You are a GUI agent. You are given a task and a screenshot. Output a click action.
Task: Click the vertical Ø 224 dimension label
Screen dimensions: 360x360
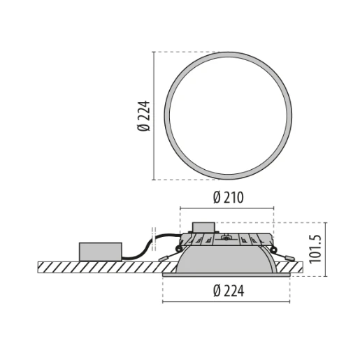click(x=145, y=115)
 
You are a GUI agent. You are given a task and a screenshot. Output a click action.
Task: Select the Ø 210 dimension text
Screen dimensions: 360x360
click(x=227, y=198)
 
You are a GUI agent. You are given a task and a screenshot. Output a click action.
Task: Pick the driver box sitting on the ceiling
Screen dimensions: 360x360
click(x=101, y=252)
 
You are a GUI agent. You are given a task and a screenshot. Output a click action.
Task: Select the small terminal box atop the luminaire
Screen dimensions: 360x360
click(x=204, y=227)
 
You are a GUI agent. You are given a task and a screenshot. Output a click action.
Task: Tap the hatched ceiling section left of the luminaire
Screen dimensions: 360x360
click(x=98, y=267)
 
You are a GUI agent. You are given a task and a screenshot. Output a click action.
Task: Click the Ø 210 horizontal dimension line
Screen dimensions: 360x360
click(x=227, y=208)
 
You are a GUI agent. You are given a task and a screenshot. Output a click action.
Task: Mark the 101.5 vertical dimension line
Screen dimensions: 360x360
click(x=326, y=249)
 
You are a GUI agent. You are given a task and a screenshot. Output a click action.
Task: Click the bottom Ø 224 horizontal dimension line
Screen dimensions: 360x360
click(x=227, y=302)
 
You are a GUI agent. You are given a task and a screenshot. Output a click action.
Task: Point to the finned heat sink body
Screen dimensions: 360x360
click(x=227, y=240)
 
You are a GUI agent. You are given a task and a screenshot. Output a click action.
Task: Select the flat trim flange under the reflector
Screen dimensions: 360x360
click(x=227, y=275)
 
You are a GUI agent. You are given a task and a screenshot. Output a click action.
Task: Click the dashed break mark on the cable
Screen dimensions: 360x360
click(x=153, y=236)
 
